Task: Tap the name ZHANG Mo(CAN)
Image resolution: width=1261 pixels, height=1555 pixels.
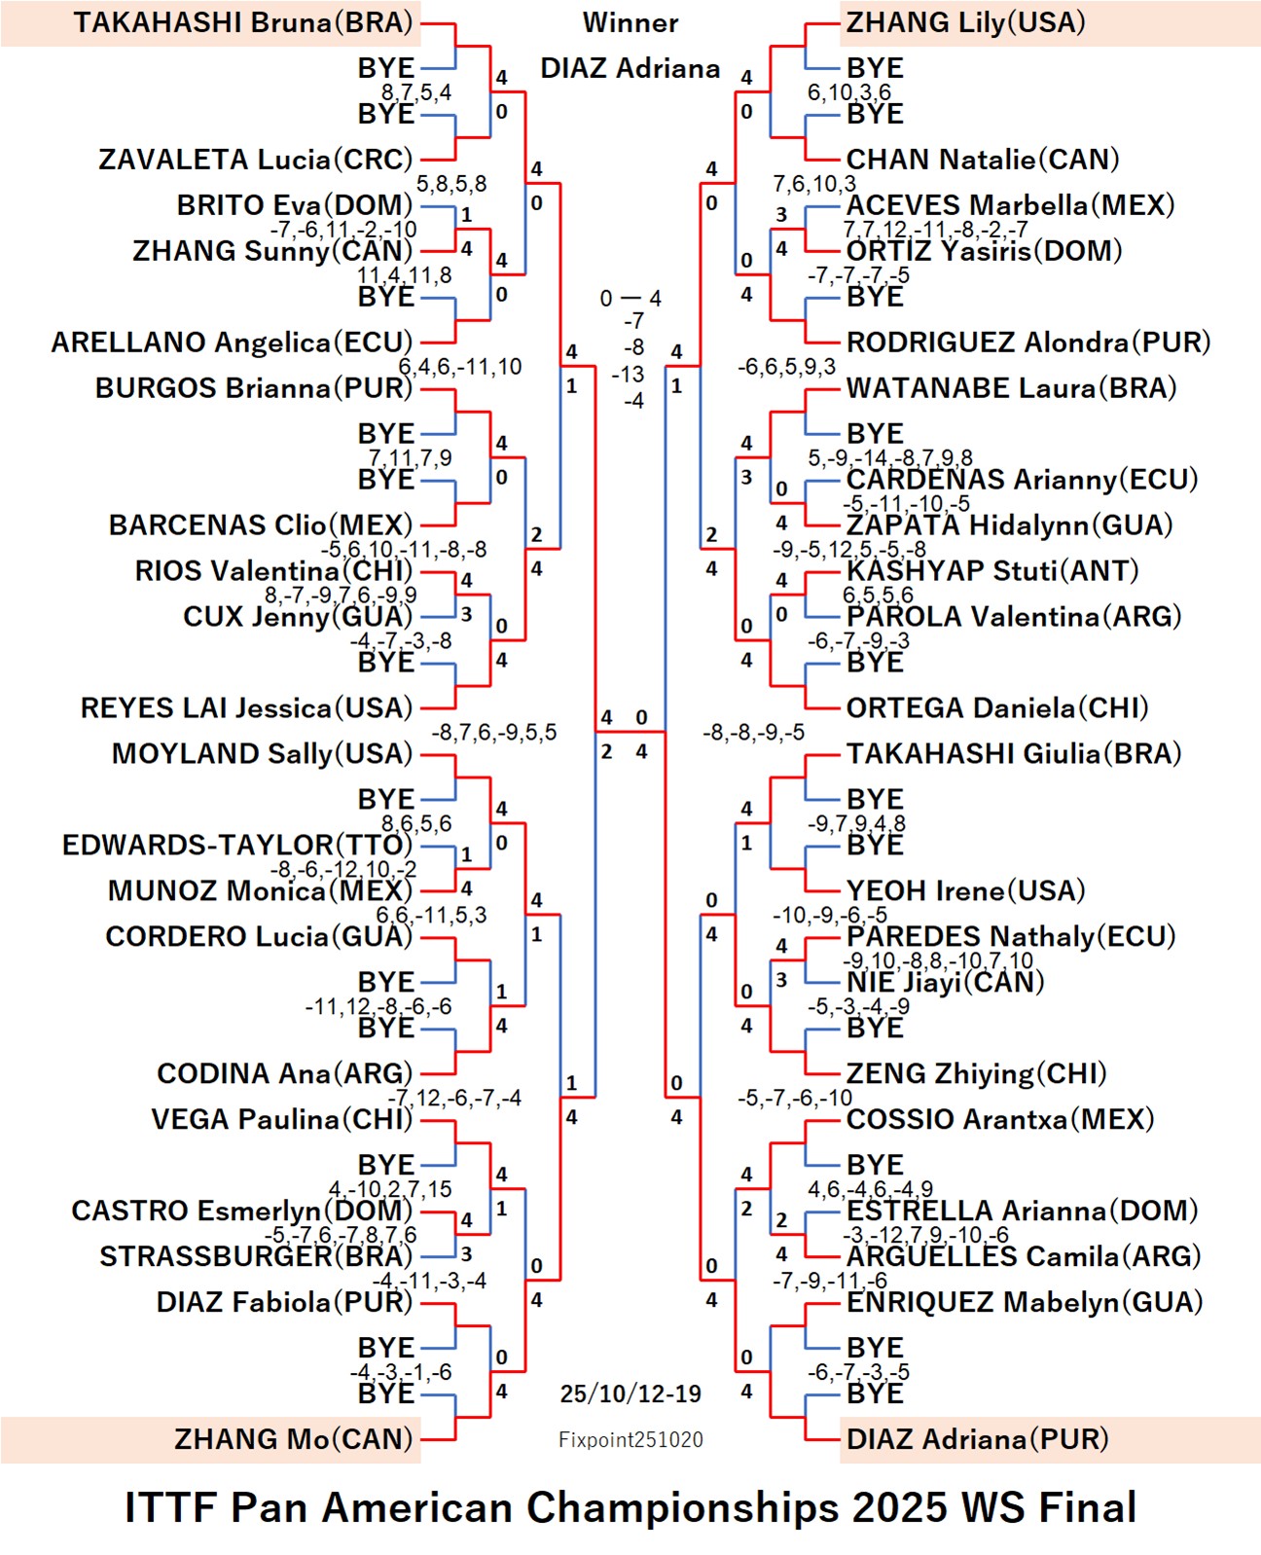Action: pos(293,1439)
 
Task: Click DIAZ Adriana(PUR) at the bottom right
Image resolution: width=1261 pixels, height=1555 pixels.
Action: pos(977,1439)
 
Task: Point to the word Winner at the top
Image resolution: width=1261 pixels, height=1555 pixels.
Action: pos(630,22)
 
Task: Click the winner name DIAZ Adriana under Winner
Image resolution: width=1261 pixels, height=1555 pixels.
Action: pos(630,68)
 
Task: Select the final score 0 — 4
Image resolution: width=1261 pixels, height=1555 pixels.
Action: pos(630,299)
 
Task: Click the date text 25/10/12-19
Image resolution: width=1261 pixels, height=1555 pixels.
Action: pos(630,1393)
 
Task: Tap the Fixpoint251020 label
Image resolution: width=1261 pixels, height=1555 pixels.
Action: pos(630,1440)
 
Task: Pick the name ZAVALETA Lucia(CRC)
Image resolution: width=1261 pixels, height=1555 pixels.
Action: pos(255,160)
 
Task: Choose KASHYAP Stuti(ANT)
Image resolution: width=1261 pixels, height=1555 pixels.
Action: pos(991,570)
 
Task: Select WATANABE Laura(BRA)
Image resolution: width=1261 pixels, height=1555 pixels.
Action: pos(1011,388)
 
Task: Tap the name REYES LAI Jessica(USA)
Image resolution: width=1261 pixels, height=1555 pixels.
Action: pos(246,707)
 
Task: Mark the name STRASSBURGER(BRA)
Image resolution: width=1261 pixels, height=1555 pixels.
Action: pos(256,1256)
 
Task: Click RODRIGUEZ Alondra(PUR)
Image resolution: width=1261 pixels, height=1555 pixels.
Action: pos(1027,343)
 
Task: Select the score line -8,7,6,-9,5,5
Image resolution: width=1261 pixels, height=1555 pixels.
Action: pos(494,732)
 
